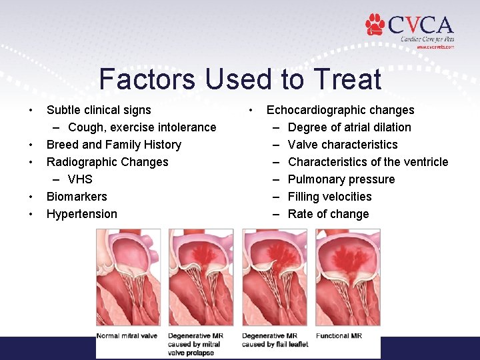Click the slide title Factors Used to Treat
pyautogui.click(x=240, y=79)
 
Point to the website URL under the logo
pyautogui.click(x=435, y=47)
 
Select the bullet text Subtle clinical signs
pyautogui.click(x=99, y=110)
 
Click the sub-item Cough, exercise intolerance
pyautogui.click(x=142, y=127)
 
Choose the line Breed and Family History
pyautogui.click(x=113, y=145)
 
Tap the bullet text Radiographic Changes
pyautogui.click(x=107, y=162)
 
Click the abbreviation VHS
pyautogui.click(x=80, y=179)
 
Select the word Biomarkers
pyautogui.click(x=77, y=197)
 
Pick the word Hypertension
pyautogui.click(x=81, y=214)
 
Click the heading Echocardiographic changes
pyautogui.click(x=340, y=110)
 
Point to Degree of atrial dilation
pyautogui.click(x=349, y=127)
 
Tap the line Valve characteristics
pyautogui.click(x=343, y=145)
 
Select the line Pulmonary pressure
pyautogui.click(x=341, y=179)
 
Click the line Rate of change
pyautogui.click(x=328, y=214)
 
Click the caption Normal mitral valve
pyautogui.click(x=127, y=335)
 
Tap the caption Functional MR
pyautogui.click(x=339, y=335)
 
